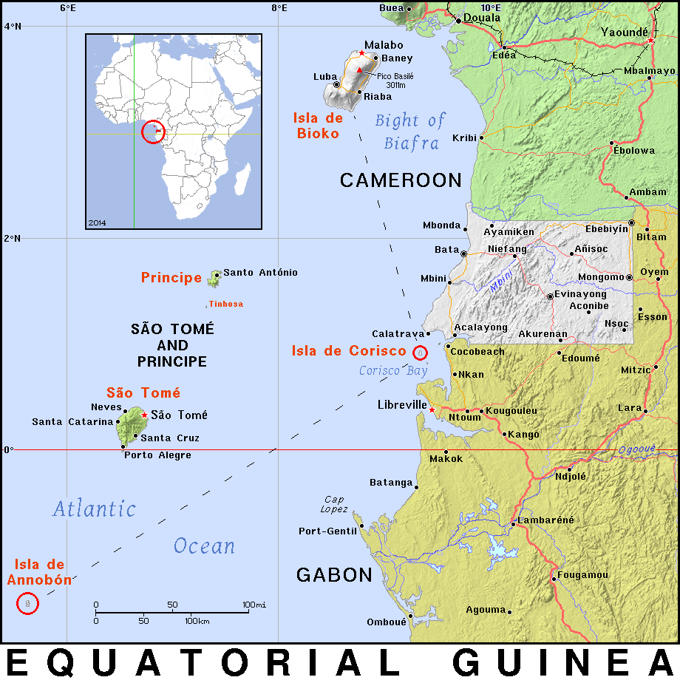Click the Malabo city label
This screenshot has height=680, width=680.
click(384, 45)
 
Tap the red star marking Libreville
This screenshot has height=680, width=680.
click(432, 409)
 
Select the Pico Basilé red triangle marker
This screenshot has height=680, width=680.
click(360, 70)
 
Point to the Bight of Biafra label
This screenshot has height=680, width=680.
click(410, 131)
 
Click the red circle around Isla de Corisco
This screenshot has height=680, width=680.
click(420, 352)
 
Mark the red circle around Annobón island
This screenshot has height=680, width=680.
click(27, 604)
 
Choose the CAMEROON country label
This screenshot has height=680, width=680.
click(401, 180)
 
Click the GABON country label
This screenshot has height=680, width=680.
click(334, 575)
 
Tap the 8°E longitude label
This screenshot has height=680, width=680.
click(279, 8)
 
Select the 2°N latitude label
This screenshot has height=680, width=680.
click(13, 238)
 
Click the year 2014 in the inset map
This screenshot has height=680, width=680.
click(97, 222)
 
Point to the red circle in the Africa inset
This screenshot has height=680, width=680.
click(153, 132)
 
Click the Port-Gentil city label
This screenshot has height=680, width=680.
click(327, 531)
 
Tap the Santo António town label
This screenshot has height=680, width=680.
click(260, 273)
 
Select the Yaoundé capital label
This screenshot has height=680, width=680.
click(624, 32)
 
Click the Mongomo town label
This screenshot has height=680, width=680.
click(601, 277)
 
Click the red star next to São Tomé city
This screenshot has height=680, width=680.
click(143, 415)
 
